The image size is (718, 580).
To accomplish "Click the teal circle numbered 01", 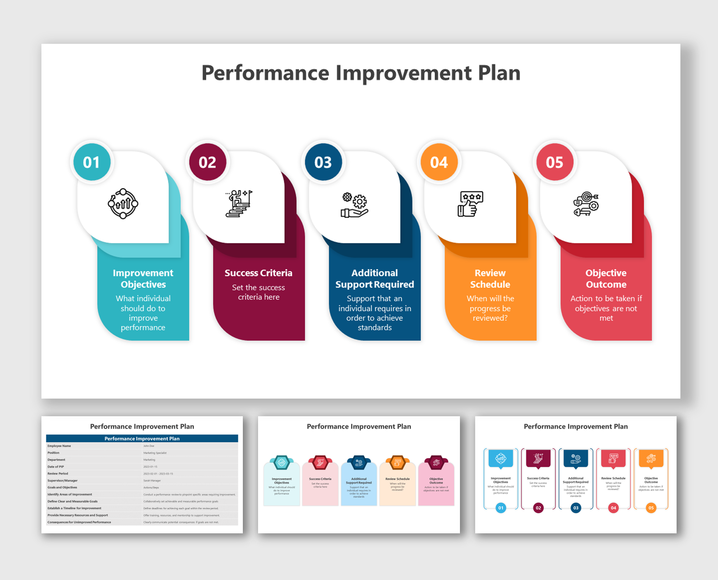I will point(92,162).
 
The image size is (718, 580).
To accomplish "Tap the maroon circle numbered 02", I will point(208,162).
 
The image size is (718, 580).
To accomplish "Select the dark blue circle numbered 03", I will point(323,162).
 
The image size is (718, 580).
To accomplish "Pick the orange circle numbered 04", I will point(439,162).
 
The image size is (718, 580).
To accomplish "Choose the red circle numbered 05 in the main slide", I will point(555,162).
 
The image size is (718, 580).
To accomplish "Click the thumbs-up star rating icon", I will point(470,204).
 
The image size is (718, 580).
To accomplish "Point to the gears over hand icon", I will point(355,205).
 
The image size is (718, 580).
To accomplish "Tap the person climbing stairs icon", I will point(239,204).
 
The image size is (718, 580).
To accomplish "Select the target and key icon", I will point(586,204).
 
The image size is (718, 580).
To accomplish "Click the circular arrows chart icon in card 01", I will point(123,204).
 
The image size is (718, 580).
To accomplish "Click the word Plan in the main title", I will point(499,73).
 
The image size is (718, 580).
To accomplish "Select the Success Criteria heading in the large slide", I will point(259,273).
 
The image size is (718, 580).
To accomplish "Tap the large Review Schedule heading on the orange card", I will point(490,279).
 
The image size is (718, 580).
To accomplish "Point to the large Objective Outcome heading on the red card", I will point(606,279).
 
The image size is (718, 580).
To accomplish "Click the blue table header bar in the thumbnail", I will point(142,439).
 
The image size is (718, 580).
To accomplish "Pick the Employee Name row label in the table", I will point(59,446).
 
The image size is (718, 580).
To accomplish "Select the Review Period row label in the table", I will point(58,474).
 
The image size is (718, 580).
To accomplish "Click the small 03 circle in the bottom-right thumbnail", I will point(576,508).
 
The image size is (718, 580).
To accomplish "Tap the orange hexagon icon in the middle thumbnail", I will point(397,462).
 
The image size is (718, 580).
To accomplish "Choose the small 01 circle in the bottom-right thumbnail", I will point(501,508).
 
